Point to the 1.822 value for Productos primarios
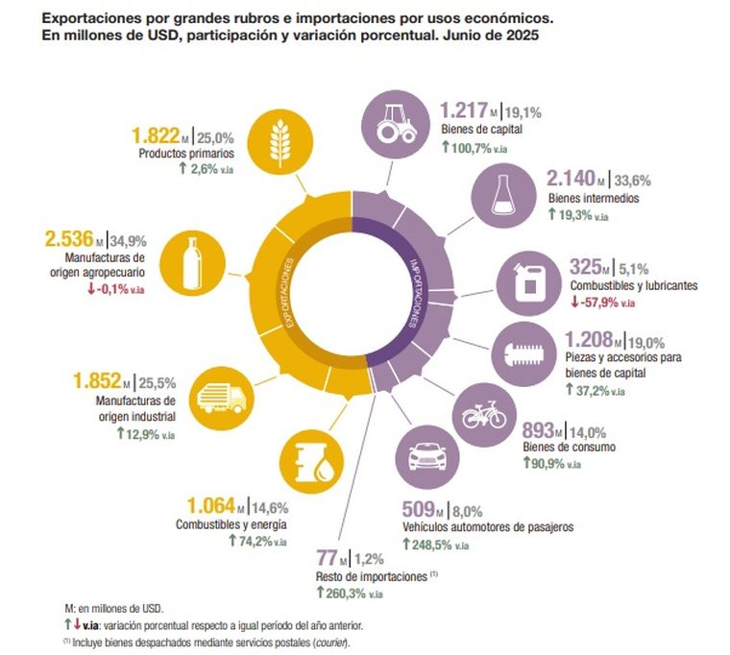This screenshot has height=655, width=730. click(x=157, y=134)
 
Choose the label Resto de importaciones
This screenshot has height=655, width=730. click(x=370, y=576)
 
